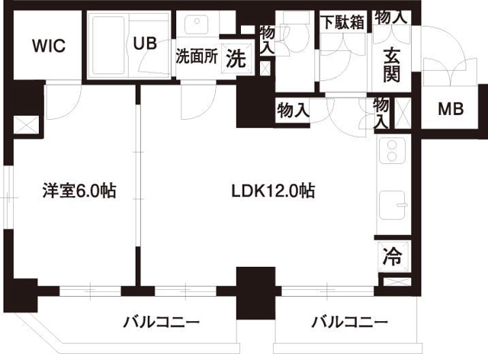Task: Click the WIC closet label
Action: pos(48,45)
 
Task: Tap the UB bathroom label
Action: pos(145,43)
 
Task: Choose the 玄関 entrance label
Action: pos(391,64)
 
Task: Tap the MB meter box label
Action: pos(450,109)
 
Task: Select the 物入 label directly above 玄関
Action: pos(391,16)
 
